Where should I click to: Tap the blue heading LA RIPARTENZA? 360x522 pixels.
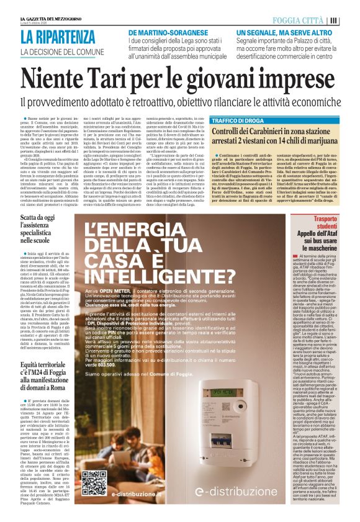[58, 37]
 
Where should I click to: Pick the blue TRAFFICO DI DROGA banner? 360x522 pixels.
[238, 120]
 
